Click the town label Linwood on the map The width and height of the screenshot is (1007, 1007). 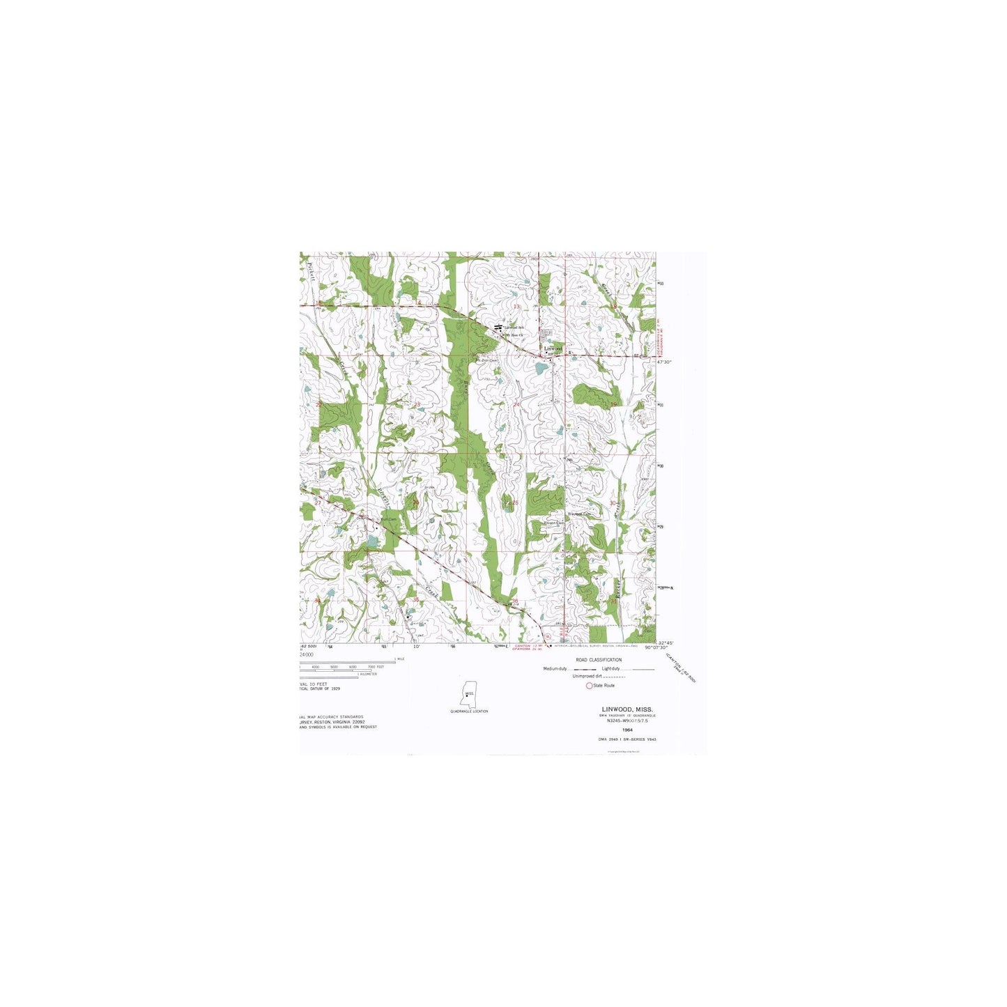[553, 348]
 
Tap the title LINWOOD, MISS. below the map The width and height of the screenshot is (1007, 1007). [627, 708]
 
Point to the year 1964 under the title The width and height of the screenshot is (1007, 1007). [627, 730]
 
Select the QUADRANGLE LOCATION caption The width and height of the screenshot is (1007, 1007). [469, 711]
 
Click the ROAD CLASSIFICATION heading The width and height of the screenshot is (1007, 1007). [599, 659]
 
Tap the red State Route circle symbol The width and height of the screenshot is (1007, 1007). [589, 686]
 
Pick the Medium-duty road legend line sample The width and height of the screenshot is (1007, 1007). [584, 669]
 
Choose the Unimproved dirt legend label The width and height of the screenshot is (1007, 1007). [587, 676]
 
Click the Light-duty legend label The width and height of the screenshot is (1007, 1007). [611, 668]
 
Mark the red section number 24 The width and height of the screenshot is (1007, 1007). [516, 404]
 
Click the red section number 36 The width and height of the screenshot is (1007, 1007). [515, 601]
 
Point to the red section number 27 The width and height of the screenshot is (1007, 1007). [318, 502]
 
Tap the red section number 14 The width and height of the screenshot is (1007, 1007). [419, 305]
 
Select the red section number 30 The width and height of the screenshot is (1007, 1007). [613, 502]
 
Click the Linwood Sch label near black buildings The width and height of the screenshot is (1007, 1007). [514, 327]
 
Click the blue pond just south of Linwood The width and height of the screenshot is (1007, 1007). [541, 367]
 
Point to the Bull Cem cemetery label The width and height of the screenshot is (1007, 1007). [387, 518]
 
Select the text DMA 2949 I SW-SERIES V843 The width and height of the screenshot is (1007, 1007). [627, 739]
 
